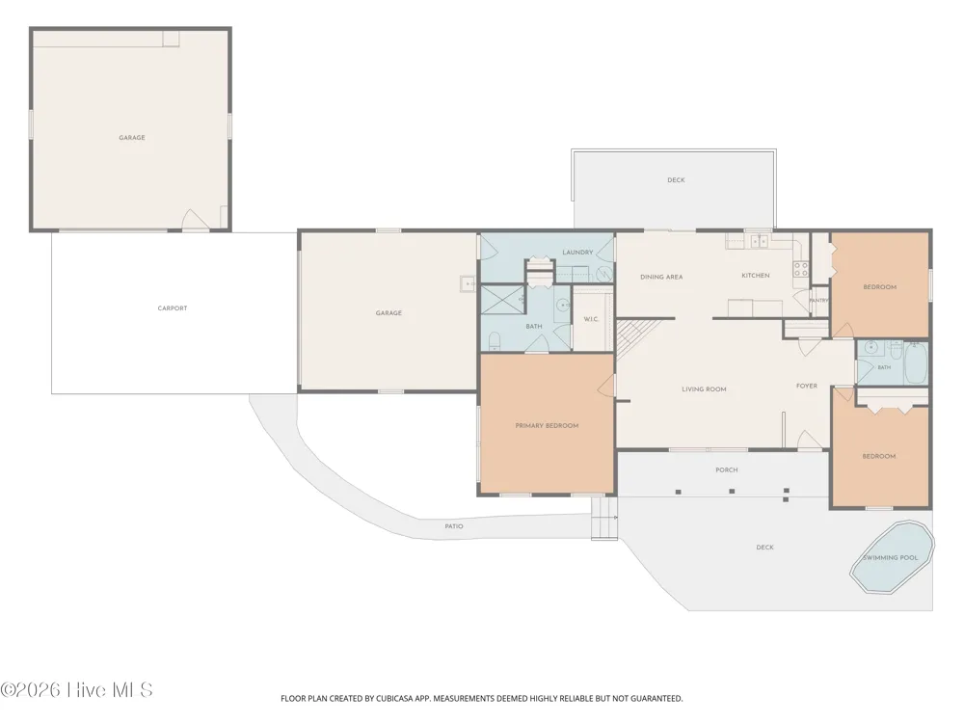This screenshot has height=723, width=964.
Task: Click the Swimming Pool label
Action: click(x=890, y=557)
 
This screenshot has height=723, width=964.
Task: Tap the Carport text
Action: click(x=173, y=308)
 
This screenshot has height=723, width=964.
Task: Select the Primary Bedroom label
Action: click(x=547, y=425)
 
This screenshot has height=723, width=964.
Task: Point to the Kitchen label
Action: click(x=756, y=276)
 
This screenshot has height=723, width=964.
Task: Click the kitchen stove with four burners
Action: click(x=800, y=269)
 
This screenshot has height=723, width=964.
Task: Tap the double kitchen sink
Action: click(x=760, y=241)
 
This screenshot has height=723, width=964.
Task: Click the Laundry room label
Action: click(x=577, y=252)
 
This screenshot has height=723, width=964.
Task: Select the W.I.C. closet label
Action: click(x=591, y=319)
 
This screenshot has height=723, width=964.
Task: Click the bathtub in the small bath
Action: click(x=916, y=363)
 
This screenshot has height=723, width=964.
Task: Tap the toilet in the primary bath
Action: click(x=495, y=340)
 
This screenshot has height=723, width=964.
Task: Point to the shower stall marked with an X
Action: click(x=501, y=300)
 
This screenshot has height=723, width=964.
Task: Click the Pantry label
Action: click(x=819, y=301)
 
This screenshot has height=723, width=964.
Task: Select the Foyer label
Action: click(x=807, y=387)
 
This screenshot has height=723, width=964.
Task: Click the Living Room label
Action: click(x=704, y=389)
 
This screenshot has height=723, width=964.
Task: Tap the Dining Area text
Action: click(x=661, y=278)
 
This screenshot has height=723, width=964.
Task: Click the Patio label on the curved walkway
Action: click(x=454, y=526)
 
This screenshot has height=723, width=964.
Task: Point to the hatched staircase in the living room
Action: click(x=637, y=338)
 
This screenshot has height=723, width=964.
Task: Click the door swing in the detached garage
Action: click(x=196, y=220)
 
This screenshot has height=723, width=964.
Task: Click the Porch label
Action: click(x=727, y=469)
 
